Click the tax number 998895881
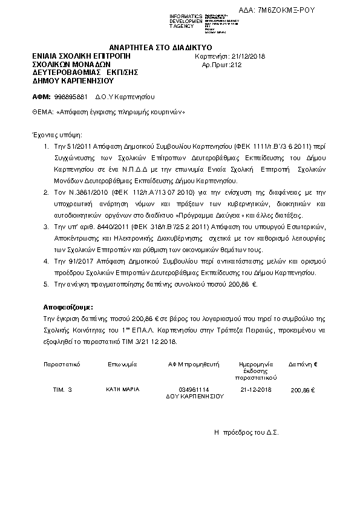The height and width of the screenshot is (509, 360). click(x=71, y=97)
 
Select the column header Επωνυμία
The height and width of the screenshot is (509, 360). click(x=123, y=365)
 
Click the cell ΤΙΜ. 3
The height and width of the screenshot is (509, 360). click(x=63, y=390)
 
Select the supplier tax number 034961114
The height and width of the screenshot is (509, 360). click(x=194, y=390)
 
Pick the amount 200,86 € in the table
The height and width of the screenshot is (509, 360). click(x=303, y=391)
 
